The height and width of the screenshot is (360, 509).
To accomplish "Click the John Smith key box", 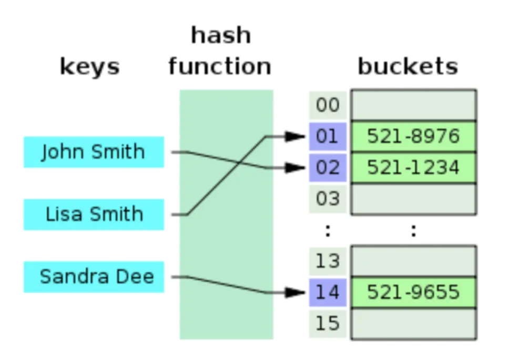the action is pos(94,152).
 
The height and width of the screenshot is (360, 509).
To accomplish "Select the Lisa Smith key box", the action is pos(94,214).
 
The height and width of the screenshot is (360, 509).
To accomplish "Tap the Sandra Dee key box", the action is pos(94,277).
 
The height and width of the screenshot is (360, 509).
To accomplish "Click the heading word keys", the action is pos(90,67).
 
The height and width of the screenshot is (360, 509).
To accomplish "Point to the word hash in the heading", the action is pos(221,35).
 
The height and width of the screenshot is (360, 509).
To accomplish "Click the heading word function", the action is pos(220,66).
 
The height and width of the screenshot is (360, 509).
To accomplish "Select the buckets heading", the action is pos(408,66).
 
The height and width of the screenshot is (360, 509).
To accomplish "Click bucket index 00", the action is pos(328,105).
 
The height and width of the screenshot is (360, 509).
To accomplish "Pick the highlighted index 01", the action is pos(328,136).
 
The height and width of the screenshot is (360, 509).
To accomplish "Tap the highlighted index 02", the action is pos(328,168).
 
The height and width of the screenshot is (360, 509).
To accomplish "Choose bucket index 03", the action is pos(328,199).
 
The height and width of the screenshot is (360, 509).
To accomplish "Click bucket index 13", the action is pos(328,261).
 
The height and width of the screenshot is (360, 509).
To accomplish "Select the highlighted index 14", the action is pos(328,293).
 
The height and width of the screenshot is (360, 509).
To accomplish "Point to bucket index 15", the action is pos(328,324).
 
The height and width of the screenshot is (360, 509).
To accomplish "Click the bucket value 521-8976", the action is pos(413,136).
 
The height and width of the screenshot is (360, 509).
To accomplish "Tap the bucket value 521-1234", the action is pos(413,168).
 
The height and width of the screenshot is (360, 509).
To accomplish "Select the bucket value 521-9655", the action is pos(413,293).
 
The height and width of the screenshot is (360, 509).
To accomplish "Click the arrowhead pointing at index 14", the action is pos(295,293).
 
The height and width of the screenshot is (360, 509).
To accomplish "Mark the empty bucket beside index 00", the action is pos(414,105).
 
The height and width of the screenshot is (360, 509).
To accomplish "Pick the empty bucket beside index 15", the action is pos(414,324).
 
